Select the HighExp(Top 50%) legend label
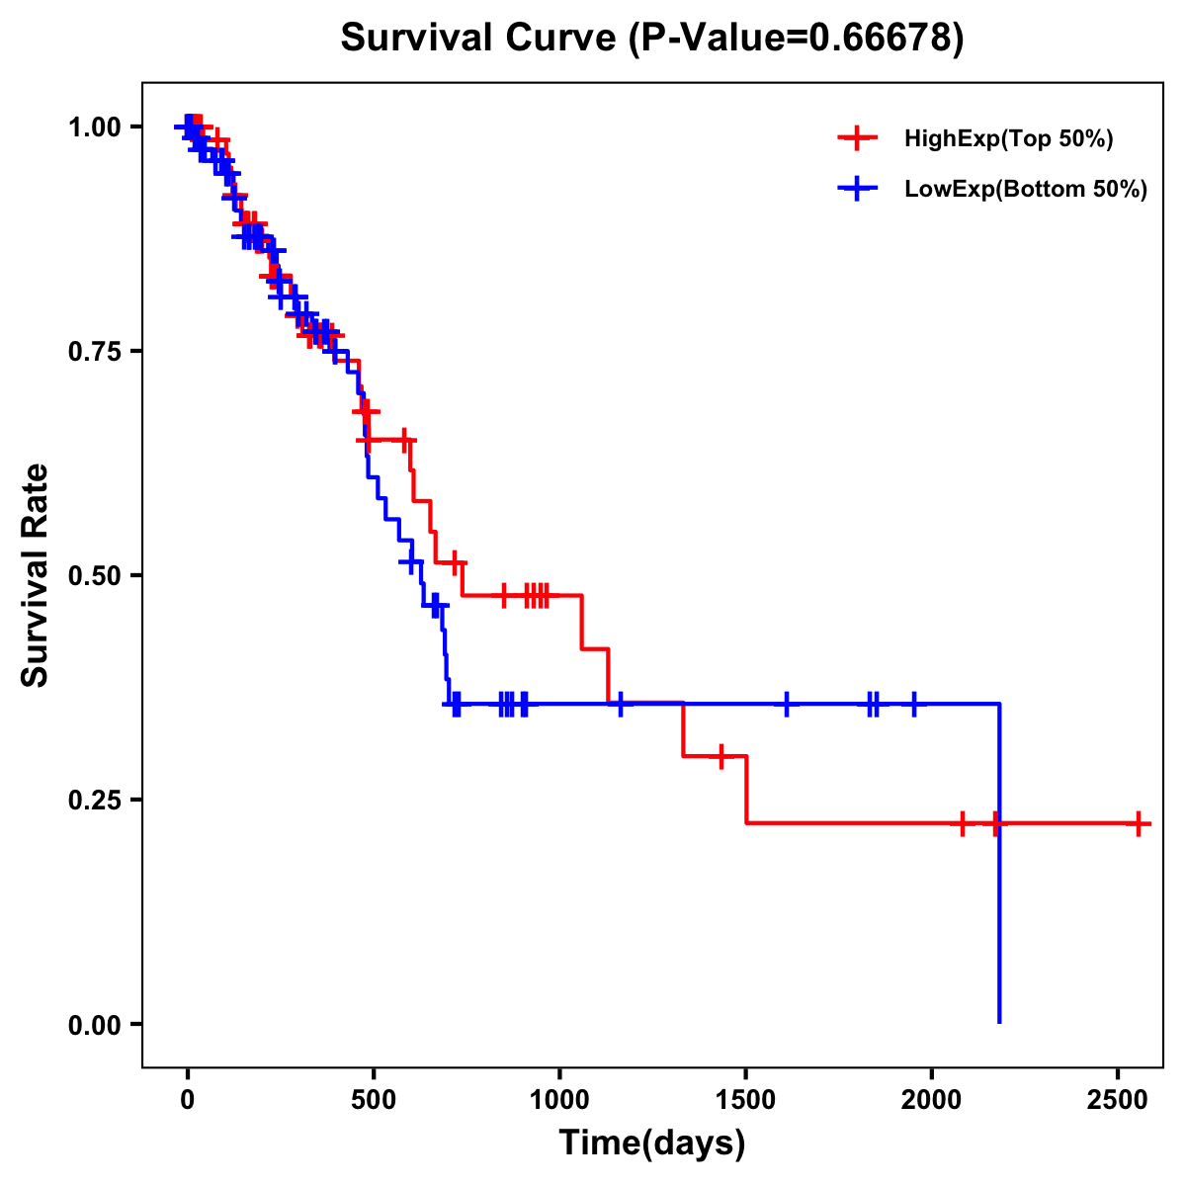1008,139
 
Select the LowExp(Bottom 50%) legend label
1026,190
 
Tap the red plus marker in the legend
857,138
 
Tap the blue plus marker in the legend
857,189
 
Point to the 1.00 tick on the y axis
94,127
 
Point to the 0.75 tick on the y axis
94,351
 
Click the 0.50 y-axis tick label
94,575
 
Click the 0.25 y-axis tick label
94,800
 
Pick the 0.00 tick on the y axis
94,1024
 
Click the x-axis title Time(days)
652,1144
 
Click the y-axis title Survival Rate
36,575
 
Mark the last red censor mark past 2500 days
1139,823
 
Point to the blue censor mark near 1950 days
913,705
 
